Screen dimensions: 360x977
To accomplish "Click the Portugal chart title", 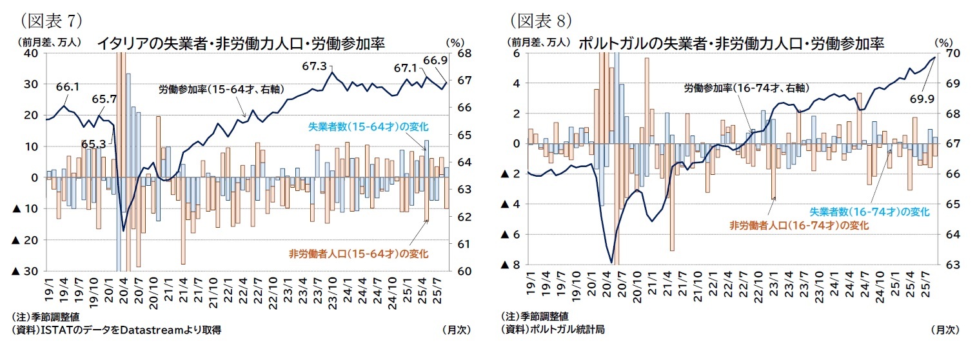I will [x=731, y=43].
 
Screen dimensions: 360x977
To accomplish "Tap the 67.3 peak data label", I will [x=314, y=66].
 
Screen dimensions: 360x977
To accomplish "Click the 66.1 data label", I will [x=67, y=86].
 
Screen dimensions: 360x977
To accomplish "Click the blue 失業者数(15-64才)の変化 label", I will [x=368, y=126].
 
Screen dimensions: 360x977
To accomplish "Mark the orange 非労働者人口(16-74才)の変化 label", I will [x=799, y=225].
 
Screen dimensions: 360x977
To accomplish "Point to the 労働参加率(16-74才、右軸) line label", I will [x=746, y=88].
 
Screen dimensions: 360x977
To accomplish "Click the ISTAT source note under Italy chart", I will [x=117, y=330].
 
